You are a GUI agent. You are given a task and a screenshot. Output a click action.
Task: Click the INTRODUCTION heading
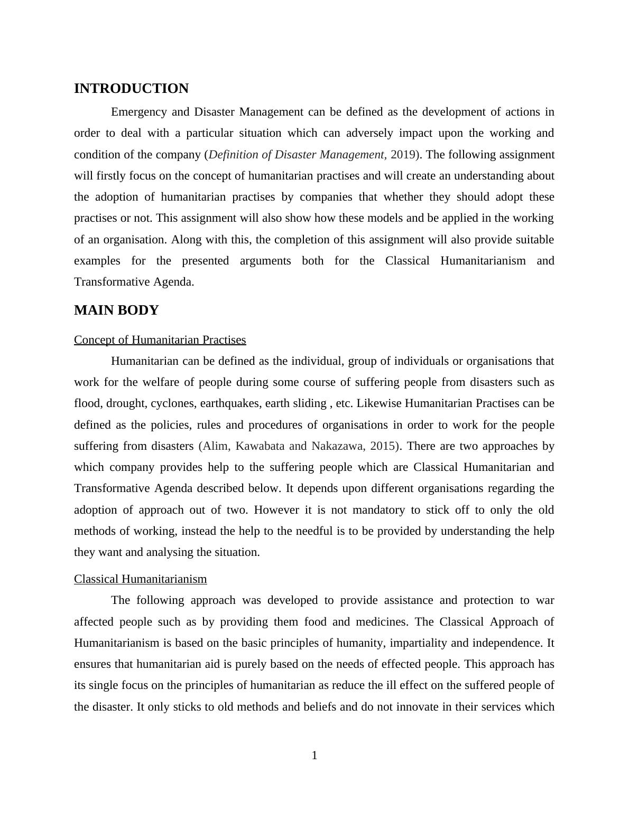click(131, 89)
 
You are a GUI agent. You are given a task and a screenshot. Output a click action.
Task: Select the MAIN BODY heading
click(116, 310)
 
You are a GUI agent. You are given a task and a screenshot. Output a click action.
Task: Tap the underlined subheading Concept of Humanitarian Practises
click(160, 340)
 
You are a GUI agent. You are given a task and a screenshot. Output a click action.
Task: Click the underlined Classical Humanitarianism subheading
click(140, 579)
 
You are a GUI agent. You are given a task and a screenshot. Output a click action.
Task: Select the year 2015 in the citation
click(384, 446)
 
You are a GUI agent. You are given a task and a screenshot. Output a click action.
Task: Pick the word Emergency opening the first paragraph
click(140, 112)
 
